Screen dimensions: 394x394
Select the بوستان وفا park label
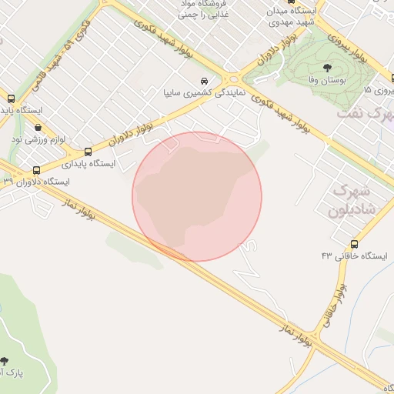tap(327, 79)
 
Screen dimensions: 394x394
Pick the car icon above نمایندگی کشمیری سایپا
tap(204, 81)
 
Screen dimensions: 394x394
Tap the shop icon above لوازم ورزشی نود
tap(37, 128)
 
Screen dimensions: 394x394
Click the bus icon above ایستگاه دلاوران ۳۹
tap(36, 170)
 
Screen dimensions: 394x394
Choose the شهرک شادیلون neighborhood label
tap(350, 200)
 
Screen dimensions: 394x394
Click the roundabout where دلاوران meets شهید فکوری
tap(232, 78)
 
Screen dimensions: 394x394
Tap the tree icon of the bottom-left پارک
tap(5, 360)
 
